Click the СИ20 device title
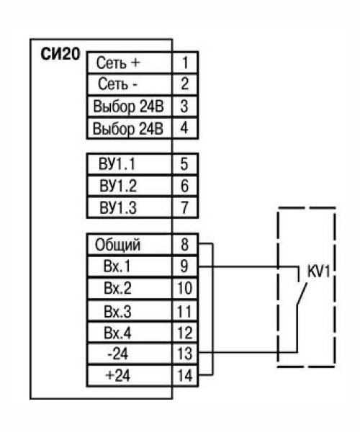(x=60, y=54)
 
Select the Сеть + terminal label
(x=118, y=63)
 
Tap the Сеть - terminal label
(x=117, y=84)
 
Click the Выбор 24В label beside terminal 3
(x=128, y=107)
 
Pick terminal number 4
(x=184, y=127)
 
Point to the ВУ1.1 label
(x=117, y=164)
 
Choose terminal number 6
(x=184, y=186)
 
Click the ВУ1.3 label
(x=118, y=208)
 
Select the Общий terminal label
(x=117, y=245)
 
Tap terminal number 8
(x=184, y=244)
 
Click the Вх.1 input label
(x=117, y=266)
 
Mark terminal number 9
(x=184, y=266)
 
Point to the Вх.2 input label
(x=117, y=288)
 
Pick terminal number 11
(x=184, y=311)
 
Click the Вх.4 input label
(x=117, y=333)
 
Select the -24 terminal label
(x=117, y=354)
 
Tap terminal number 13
(x=184, y=354)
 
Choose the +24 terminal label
(x=117, y=375)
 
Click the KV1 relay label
(x=318, y=272)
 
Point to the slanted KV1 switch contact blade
(x=302, y=294)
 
